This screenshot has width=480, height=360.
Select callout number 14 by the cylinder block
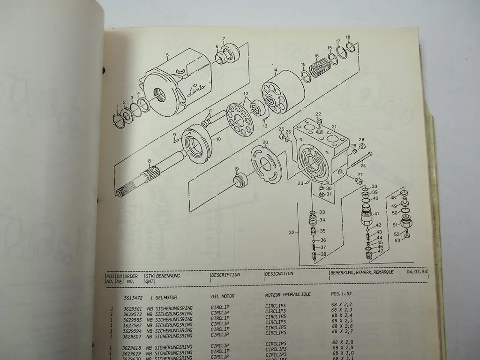pyautogui.click(x=275, y=70)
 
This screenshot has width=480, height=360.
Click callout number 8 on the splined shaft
pyautogui.click(x=149, y=162)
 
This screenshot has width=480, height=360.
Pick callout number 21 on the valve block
pyautogui.click(x=334, y=127)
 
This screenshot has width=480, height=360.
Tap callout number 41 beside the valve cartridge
pyautogui.click(x=376, y=214)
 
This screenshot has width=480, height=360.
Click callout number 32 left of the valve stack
pyautogui.click(x=292, y=232)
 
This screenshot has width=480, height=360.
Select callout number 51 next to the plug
pyautogui.click(x=395, y=225)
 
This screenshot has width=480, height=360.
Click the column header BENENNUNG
pyautogui.click(x=168, y=276)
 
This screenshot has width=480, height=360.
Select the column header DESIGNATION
pyautogui.click(x=279, y=274)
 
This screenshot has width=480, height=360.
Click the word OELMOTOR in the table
pyautogui.click(x=167, y=297)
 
